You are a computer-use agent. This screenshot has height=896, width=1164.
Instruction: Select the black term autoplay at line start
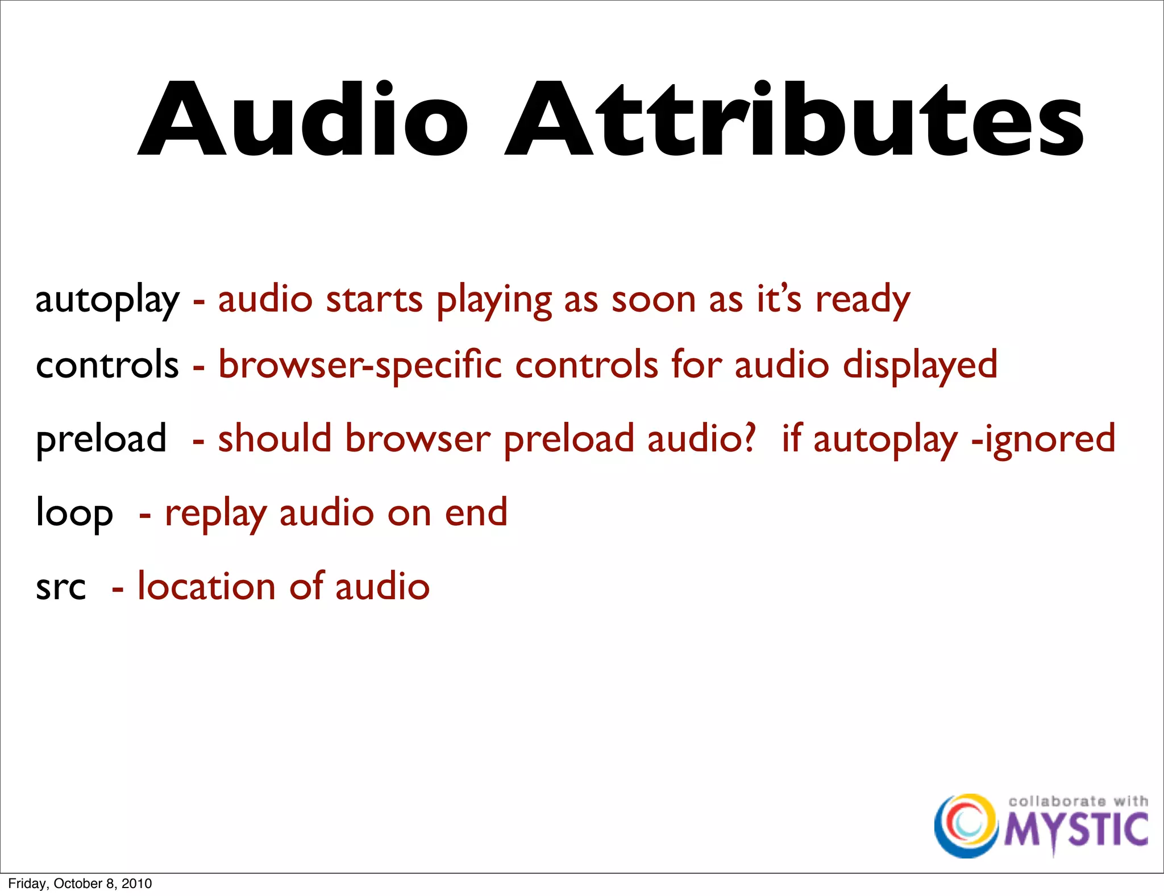coord(107,300)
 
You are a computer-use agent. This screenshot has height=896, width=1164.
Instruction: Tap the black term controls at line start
coord(107,365)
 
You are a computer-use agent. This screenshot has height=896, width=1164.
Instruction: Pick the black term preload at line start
coord(101,439)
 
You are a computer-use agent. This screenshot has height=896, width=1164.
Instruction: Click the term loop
coord(74,513)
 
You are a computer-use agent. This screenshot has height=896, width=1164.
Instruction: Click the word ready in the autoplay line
coord(862,300)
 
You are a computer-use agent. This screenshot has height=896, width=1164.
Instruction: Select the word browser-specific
coord(360,365)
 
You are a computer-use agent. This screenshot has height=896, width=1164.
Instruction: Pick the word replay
coord(215,513)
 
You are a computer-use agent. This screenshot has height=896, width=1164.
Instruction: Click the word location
coord(206,587)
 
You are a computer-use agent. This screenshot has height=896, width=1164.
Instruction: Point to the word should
coord(275,438)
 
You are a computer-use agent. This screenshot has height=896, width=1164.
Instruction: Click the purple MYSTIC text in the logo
coord(1076,831)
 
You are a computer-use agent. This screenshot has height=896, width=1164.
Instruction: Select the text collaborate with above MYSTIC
coord(1078,801)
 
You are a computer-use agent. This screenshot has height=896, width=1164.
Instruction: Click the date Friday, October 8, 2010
coord(80,883)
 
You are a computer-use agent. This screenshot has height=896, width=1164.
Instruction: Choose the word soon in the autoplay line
coord(653,300)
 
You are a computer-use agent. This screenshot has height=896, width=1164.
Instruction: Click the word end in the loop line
coord(476,512)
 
